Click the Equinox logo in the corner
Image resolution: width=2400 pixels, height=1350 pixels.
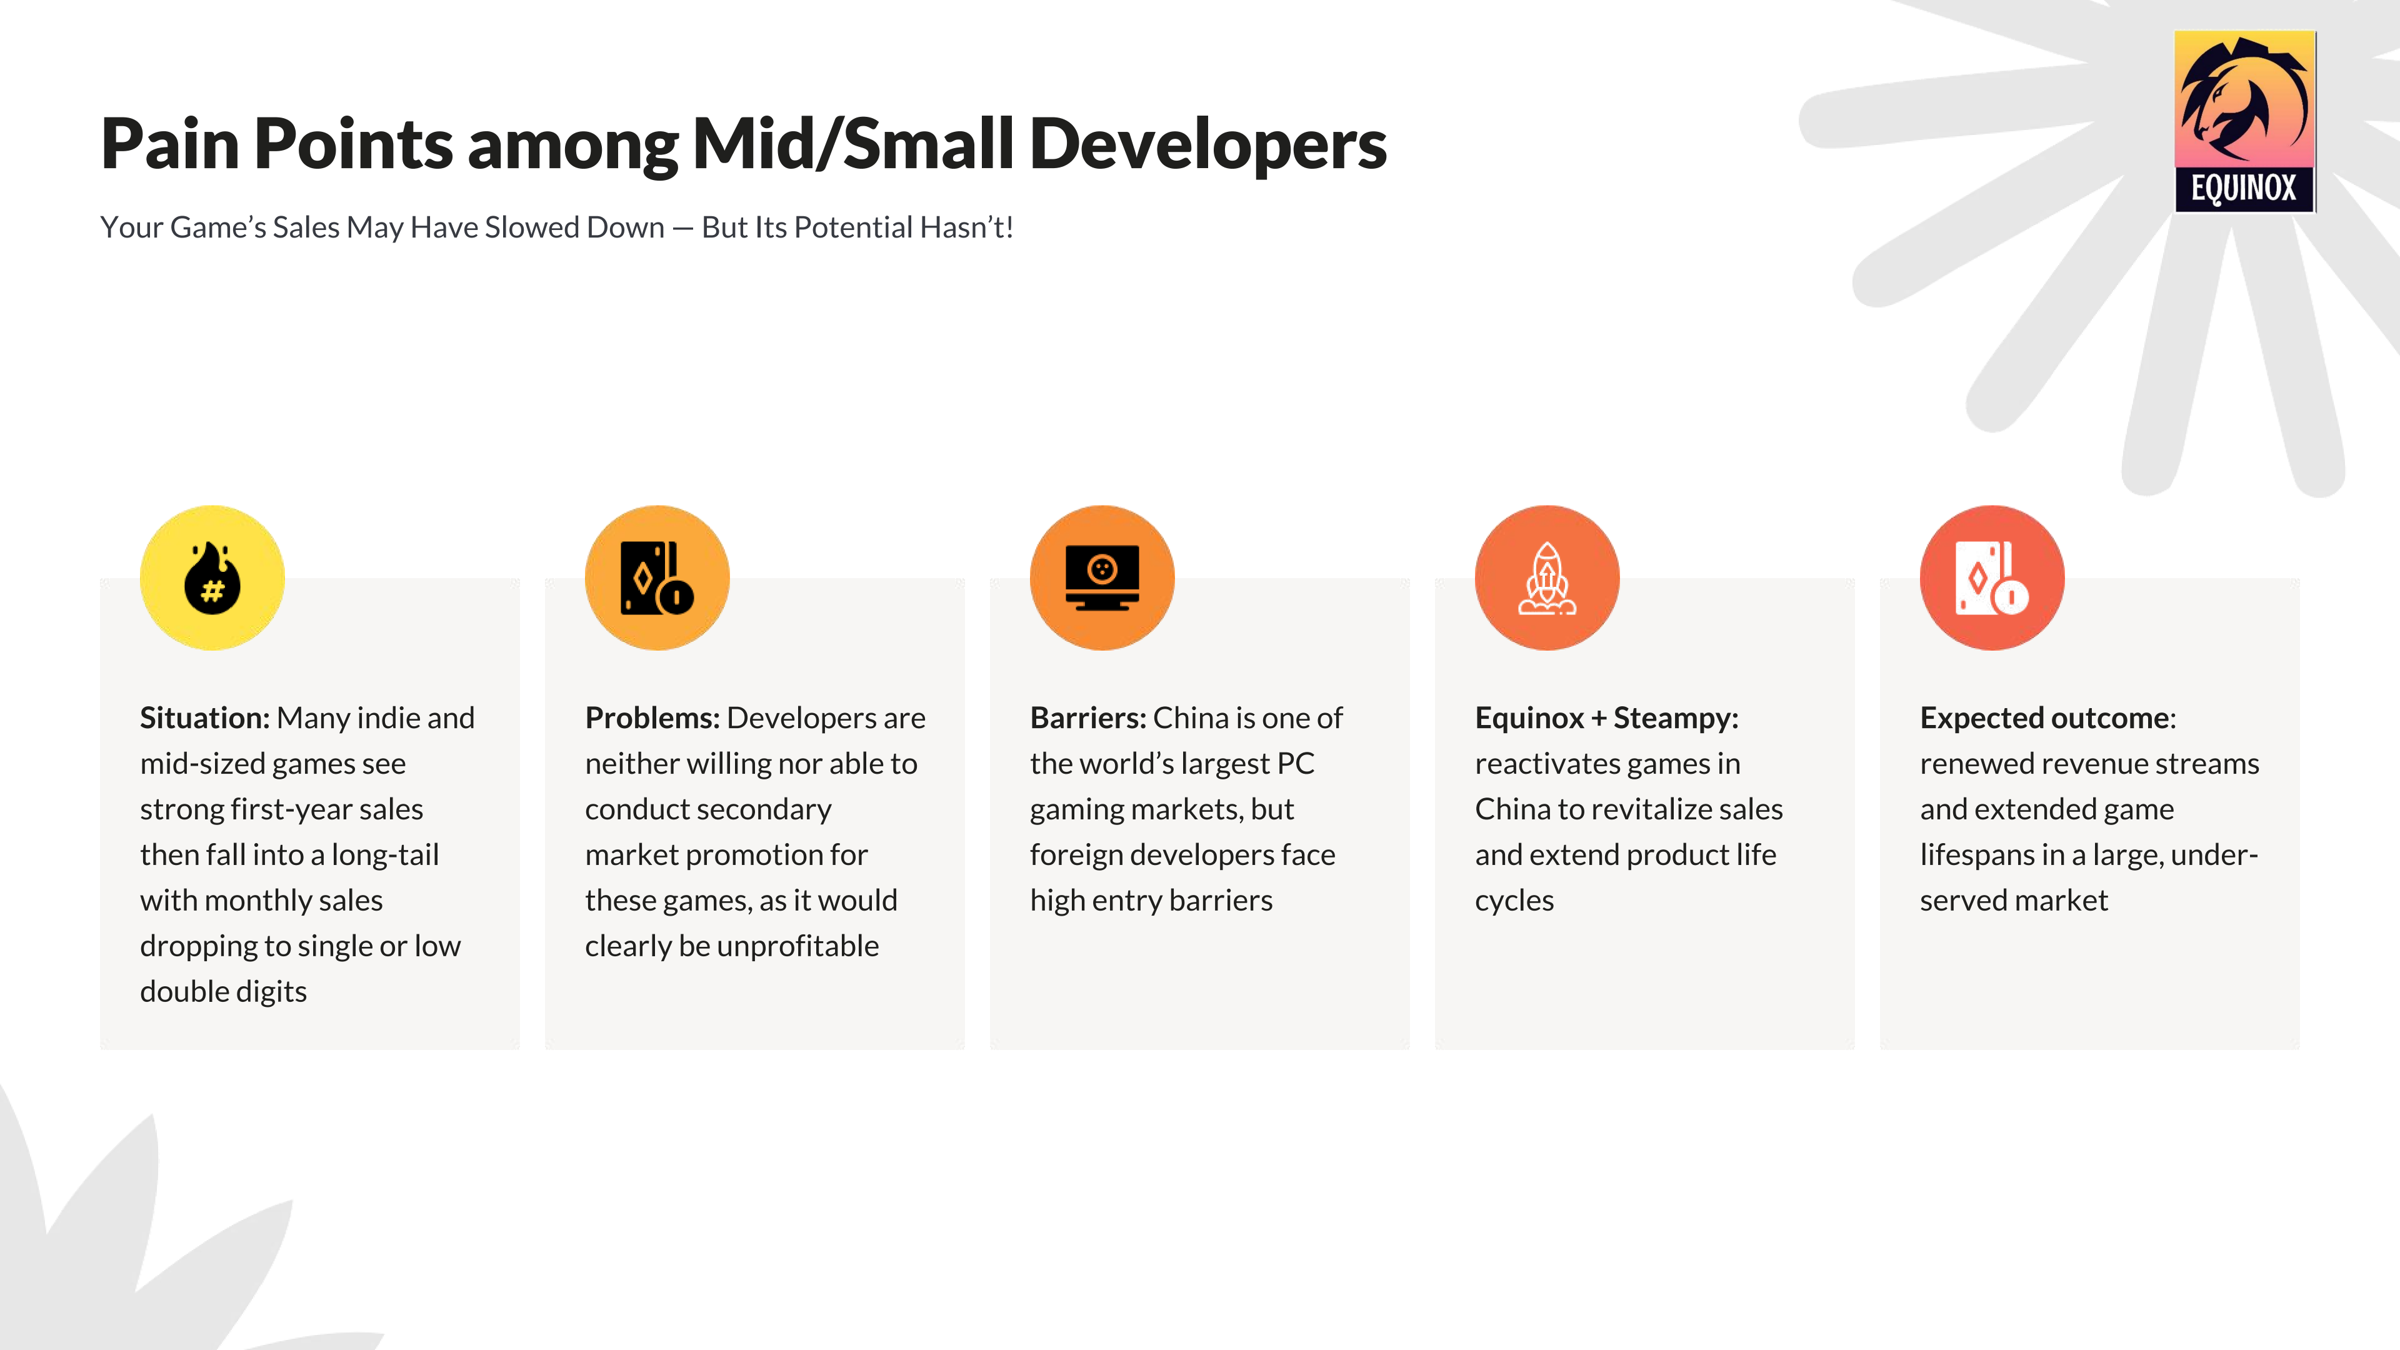tap(2244, 121)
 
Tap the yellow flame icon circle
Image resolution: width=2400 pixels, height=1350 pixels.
tap(212, 577)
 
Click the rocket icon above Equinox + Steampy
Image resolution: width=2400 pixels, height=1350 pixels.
tap(1547, 577)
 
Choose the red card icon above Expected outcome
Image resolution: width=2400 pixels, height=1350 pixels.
tap(1992, 577)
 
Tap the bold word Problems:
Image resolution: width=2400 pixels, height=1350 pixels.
tap(652, 717)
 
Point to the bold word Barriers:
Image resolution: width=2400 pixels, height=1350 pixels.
tap(1088, 717)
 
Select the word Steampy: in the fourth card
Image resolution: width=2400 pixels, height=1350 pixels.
tap(1676, 718)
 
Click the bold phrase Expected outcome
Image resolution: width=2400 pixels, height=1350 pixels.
tap(2044, 718)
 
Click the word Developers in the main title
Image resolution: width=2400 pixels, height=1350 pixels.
tap(1208, 144)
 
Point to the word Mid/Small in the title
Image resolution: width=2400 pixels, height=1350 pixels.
tap(852, 144)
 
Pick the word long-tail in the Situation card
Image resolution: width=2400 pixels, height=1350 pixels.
tap(385, 855)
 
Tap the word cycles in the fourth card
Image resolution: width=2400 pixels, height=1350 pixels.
tap(1514, 901)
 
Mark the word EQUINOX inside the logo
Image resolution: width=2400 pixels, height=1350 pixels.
tap(2244, 188)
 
